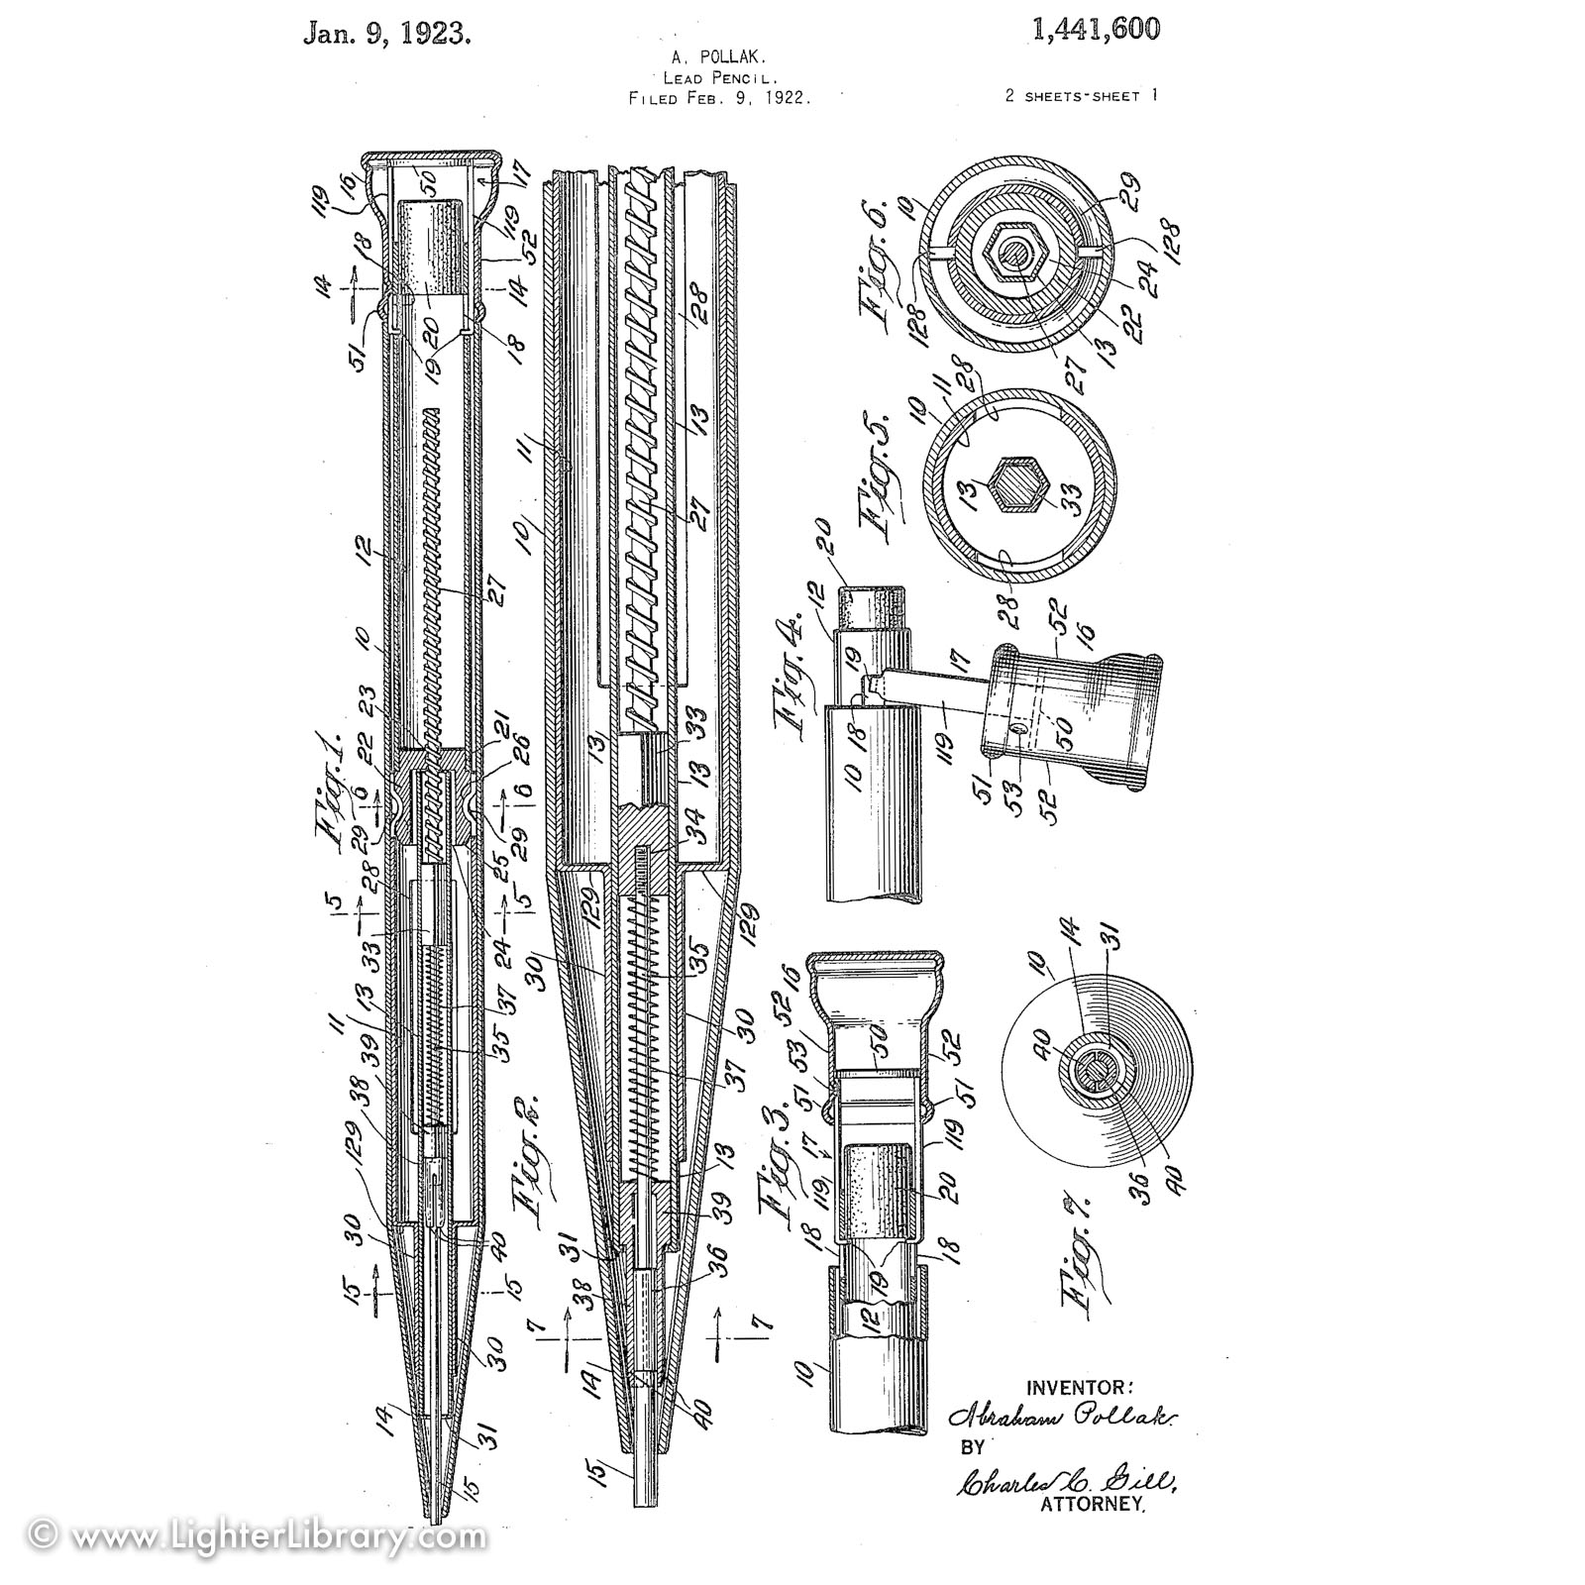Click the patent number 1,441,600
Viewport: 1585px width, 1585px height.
pyautogui.click(x=1095, y=31)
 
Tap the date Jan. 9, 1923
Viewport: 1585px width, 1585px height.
pyautogui.click(x=386, y=35)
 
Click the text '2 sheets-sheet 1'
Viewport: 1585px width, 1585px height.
pyautogui.click(x=1081, y=96)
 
